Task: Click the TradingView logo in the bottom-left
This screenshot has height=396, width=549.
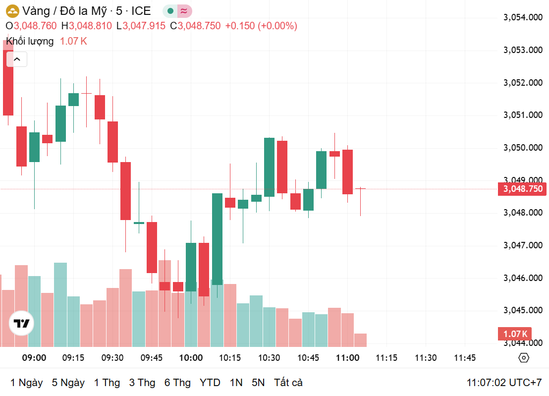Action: click(x=22, y=324)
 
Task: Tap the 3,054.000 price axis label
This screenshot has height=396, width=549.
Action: click(x=523, y=18)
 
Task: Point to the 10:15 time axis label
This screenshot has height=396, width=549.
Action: click(x=230, y=358)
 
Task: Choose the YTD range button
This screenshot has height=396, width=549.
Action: click(x=210, y=383)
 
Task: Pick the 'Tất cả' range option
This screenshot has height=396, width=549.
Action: click(x=288, y=383)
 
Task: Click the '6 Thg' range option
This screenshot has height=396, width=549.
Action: click(x=177, y=383)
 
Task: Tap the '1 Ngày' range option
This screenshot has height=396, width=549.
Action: click(x=26, y=383)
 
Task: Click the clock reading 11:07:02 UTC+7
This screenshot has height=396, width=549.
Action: click(x=504, y=383)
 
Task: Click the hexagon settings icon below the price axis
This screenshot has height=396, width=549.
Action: click(x=524, y=358)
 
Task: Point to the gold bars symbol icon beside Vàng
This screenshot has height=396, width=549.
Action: click(x=12, y=11)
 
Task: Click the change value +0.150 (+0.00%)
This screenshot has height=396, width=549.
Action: click(x=261, y=26)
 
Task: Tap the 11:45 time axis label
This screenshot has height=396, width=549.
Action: click(x=465, y=358)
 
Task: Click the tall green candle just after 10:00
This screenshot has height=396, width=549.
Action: click(x=217, y=239)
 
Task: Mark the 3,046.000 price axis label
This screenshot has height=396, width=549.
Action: click(x=523, y=278)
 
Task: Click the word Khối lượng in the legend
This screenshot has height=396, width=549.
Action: click(x=30, y=41)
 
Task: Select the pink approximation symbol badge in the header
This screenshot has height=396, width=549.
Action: click(x=184, y=11)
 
